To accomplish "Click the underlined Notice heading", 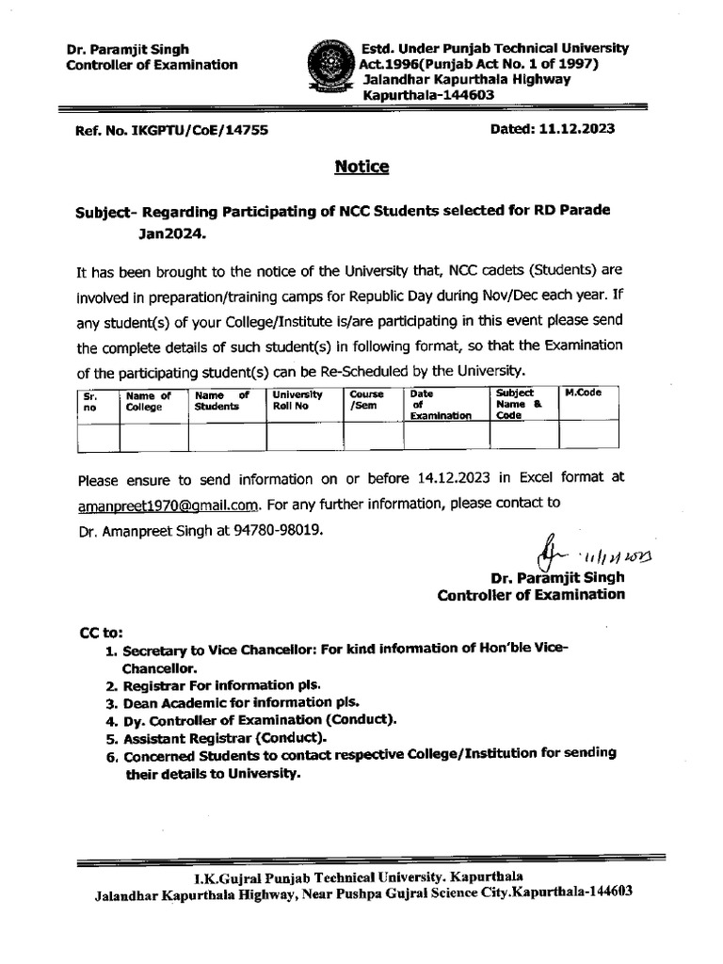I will [x=361, y=167].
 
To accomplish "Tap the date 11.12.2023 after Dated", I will [x=578, y=129].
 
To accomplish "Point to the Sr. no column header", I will [x=92, y=402].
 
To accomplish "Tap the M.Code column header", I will [x=584, y=392].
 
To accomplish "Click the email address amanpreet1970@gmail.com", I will [x=173, y=504].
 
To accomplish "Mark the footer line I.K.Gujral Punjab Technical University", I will [x=361, y=878].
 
